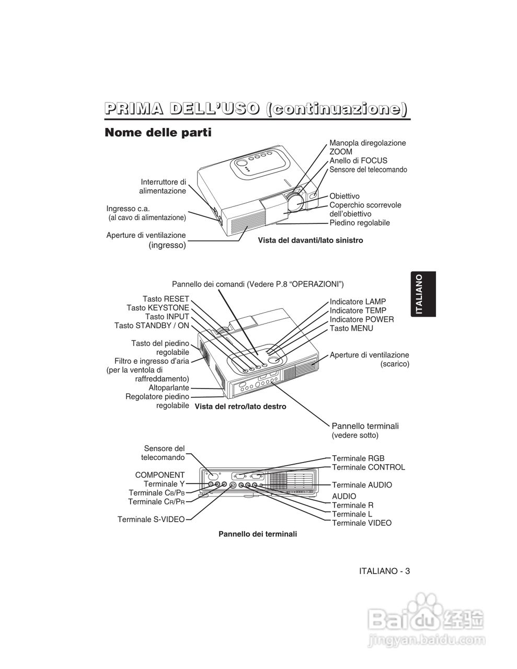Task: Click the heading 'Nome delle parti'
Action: (158, 133)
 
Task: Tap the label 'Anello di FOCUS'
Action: (358, 160)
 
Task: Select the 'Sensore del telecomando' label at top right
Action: (368, 169)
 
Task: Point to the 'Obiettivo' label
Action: (344, 196)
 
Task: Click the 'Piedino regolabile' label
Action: (360, 223)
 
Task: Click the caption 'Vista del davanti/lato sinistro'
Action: (310, 240)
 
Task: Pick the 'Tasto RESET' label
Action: (166, 299)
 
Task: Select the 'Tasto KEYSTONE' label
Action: (158, 308)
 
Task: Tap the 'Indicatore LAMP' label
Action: (358, 302)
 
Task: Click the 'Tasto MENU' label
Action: (351, 328)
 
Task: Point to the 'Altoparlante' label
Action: (169, 388)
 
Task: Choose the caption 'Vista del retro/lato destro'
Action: (240, 406)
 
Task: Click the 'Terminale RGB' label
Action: (358, 458)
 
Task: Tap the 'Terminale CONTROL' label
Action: (368, 467)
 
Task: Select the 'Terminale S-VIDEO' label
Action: (151, 520)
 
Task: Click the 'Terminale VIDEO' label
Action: (362, 523)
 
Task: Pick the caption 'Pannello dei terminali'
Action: (258, 534)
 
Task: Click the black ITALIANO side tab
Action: (423, 294)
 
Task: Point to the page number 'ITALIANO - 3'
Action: (384, 571)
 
